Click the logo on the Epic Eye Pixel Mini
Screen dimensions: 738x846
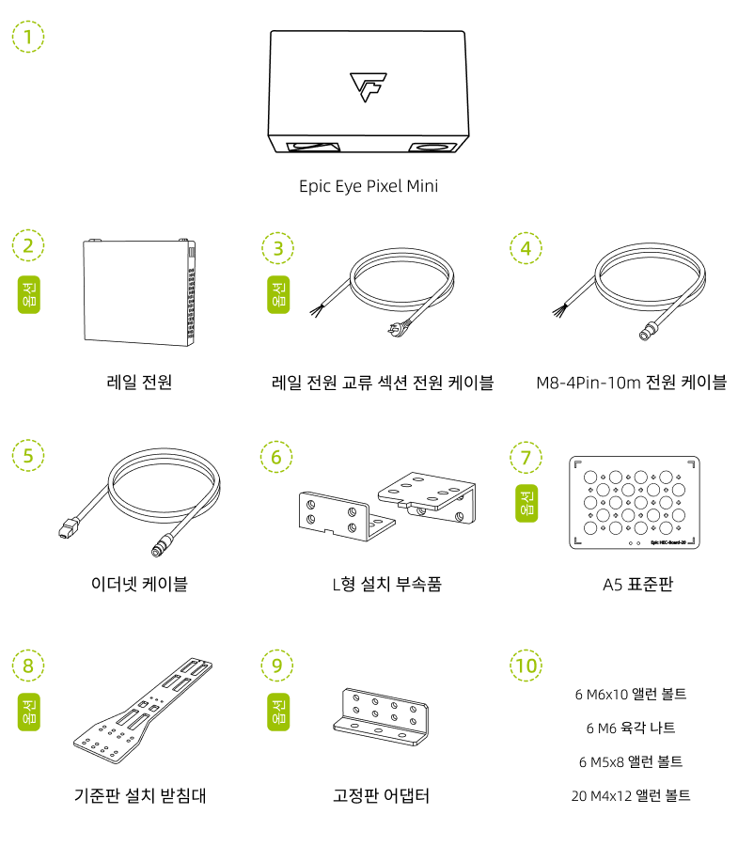point(369,86)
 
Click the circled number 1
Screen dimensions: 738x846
point(28,37)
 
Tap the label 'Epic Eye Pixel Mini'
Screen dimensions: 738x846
point(369,186)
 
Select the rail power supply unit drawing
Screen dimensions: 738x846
point(139,292)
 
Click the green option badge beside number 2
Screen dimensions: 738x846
point(29,294)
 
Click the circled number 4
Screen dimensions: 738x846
point(526,248)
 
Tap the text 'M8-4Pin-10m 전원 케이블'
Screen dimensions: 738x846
point(631,383)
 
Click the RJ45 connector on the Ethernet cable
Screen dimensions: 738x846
point(68,528)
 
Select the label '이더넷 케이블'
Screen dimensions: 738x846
point(139,584)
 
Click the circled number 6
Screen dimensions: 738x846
point(276,457)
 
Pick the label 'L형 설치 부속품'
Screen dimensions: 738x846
point(386,584)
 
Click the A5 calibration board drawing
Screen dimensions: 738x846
point(635,502)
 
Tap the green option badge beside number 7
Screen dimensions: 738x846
point(526,504)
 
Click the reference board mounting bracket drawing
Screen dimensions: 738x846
point(143,711)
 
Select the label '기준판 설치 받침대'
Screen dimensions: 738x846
point(140,795)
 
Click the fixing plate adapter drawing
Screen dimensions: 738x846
point(381,716)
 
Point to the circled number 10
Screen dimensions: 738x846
point(526,666)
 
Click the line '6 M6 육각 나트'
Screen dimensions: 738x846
point(631,728)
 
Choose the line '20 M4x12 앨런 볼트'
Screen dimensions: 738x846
point(631,795)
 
